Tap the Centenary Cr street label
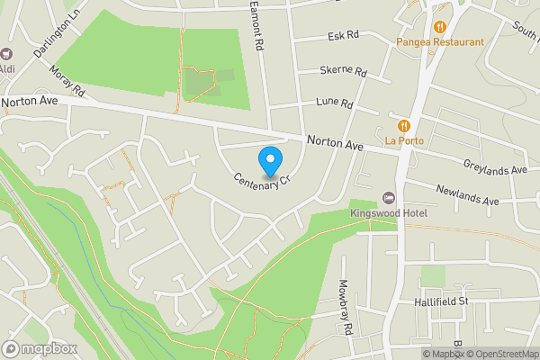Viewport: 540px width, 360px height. tap(264, 180)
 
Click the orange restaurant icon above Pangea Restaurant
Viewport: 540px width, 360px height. tap(440, 27)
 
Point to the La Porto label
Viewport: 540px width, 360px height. tap(404, 140)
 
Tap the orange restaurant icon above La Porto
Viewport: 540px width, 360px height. tap(404, 125)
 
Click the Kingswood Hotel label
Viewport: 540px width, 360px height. tap(389, 213)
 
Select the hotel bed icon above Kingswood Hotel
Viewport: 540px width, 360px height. tap(389, 198)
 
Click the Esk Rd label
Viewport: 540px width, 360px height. tap(343, 35)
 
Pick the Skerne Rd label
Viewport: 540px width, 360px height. tap(344, 71)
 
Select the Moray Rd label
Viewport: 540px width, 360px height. tap(67, 78)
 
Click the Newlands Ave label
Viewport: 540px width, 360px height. tap(466, 194)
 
